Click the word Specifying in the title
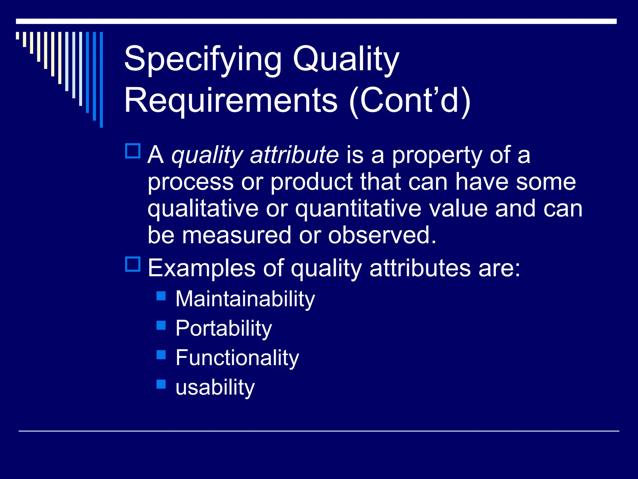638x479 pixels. pyautogui.click(x=202, y=59)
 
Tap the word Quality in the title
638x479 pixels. pyautogui.click(x=346, y=59)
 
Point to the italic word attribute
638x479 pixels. pyautogui.click(x=294, y=155)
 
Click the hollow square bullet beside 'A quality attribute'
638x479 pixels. pyautogui.click(x=133, y=151)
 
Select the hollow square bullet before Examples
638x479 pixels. pyautogui.click(x=133, y=264)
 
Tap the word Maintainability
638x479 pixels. pyautogui.click(x=245, y=299)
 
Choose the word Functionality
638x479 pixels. pyautogui.click(x=237, y=358)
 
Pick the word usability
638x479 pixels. pyautogui.click(x=215, y=387)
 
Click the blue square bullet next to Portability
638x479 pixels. pyautogui.click(x=161, y=325)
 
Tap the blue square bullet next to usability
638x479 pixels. pyautogui.click(x=161, y=384)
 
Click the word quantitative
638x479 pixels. pyautogui.click(x=358, y=209)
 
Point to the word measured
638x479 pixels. pyautogui.click(x=237, y=235)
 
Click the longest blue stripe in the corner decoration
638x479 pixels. pyautogui.click(x=101, y=80)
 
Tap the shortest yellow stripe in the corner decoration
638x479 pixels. pyautogui.click(x=18, y=36)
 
